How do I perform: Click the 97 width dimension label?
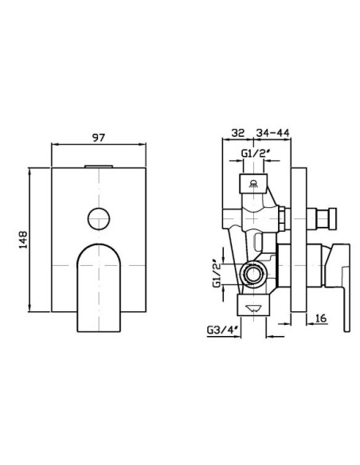[99, 138]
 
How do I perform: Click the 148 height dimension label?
[23, 240]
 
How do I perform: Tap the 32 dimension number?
[238, 132]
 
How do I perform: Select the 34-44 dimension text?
[272, 132]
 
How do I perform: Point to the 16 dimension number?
[321, 318]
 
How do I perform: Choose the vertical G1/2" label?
[217, 274]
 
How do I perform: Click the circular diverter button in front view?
[99, 218]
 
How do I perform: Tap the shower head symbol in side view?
[254, 184]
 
